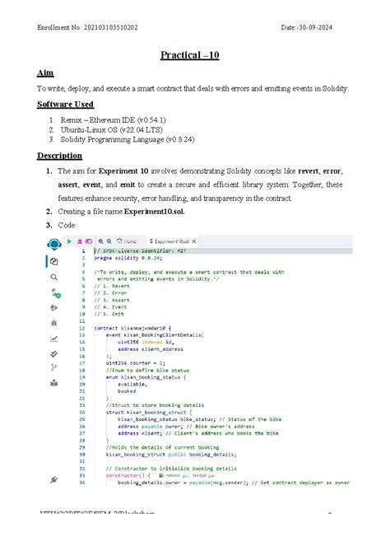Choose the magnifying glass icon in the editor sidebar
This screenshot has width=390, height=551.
(54, 278)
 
